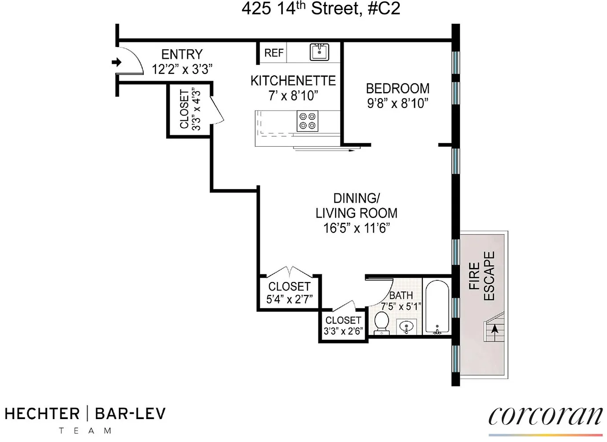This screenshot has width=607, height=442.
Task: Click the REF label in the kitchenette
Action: pos(274,53)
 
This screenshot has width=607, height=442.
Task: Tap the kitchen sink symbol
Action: pos(319,52)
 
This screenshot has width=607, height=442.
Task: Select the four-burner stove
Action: pos(307,121)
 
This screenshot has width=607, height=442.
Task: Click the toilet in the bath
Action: pos(381,323)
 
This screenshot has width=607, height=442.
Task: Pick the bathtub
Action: pos(437,307)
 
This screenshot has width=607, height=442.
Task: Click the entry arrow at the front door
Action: pos(117,62)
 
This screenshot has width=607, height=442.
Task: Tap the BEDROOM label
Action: pos(397,89)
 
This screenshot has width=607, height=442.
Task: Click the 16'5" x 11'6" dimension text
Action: pos(356,228)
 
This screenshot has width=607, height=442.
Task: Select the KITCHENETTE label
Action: pos(293,81)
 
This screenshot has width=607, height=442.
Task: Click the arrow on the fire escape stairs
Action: pos(495,329)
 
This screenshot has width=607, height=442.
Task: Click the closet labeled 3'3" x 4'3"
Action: pos(190,110)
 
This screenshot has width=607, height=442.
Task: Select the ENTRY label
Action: pos(182,54)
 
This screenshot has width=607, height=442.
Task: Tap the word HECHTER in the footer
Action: pos(42,414)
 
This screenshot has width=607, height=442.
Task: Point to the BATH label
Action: pos(401,295)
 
